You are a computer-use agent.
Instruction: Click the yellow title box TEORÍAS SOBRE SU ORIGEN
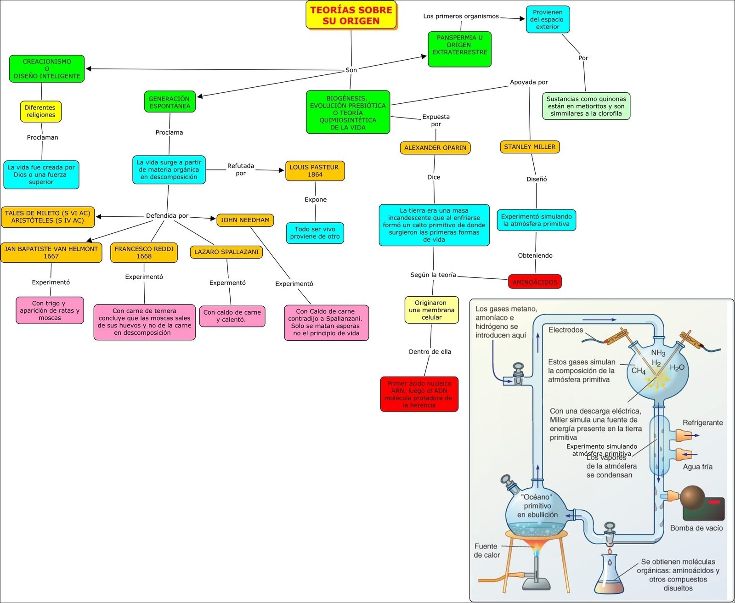coord(351,15)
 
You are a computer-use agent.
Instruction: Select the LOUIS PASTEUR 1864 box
coord(315,171)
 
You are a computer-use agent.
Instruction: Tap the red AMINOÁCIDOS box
coord(535,282)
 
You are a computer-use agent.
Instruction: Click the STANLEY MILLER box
coord(530,147)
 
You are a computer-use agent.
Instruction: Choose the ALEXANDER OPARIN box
coord(435,148)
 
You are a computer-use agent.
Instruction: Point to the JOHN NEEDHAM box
coord(245,220)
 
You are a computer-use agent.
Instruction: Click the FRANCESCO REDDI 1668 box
coord(144,253)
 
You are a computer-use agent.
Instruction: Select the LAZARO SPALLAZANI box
coord(226,252)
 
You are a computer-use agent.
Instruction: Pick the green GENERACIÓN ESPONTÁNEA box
coord(169,102)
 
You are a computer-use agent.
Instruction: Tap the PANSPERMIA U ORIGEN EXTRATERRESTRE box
coord(459,49)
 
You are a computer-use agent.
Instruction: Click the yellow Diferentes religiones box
coord(40,111)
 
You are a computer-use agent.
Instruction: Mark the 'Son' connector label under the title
coord(351,70)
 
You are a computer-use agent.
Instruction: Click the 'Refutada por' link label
coord(241,169)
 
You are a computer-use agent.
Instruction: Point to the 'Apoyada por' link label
coord(529,82)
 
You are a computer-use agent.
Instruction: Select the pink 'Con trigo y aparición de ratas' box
coord(50,310)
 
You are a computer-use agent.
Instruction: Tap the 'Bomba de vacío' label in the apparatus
coord(696,528)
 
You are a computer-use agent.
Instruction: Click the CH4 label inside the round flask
coord(638,371)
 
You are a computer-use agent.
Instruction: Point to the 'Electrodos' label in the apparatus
coord(565,330)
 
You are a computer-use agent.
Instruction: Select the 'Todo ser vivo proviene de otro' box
coord(315,233)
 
